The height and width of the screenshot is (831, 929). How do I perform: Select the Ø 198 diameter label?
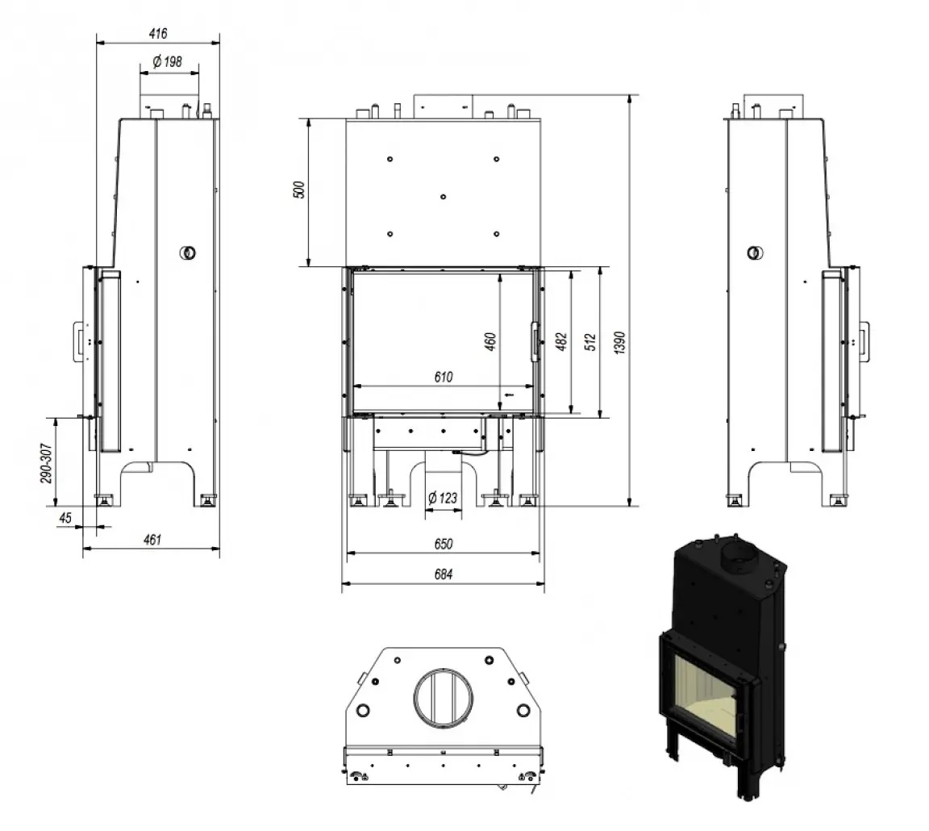pyautogui.click(x=168, y=61)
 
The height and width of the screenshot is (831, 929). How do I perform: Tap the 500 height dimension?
pyautogui.click(x=298, y=191)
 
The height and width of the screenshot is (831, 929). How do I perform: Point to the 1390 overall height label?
pyautogui.click(x=619, y=341)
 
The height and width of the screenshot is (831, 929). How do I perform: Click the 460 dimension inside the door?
pyautogui.click(x=490, y=342)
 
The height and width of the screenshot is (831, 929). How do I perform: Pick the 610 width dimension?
pyautogui.click(x=443, y=376)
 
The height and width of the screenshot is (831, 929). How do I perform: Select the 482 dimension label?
pyautogui.click(x=561, y=342)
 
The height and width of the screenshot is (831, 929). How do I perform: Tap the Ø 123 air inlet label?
pyautogui.click(x=442, y=498)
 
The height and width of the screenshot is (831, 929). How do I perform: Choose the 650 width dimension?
pyautogui.click(x=443, y=544)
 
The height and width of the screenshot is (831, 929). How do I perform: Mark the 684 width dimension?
pyautogui.click(x=443, y=574)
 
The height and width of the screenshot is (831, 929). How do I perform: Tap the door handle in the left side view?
pyautogui.click(x=81, y=340)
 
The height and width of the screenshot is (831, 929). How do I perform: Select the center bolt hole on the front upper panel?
pyautogui.click(x=443, y=196)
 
